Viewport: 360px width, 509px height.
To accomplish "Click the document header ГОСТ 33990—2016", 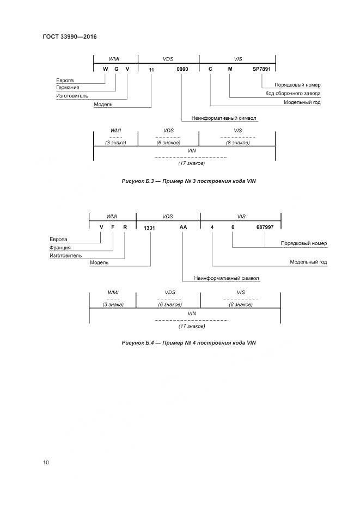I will coord(69,37).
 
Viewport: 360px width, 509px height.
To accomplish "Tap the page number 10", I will coord(46,462).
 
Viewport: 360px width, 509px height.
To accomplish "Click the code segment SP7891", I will coord(261,69).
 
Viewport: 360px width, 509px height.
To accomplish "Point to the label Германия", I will coord(68,88).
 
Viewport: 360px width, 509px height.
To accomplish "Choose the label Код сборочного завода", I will coord(292,94).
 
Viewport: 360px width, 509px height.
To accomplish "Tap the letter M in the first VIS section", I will coord(230,69).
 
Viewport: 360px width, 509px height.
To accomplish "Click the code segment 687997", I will coord(265,227).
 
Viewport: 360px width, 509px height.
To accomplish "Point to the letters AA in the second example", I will coord(183,227).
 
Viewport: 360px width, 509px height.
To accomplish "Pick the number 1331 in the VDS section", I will coord(150,228).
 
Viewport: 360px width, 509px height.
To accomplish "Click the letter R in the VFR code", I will coord(125,227).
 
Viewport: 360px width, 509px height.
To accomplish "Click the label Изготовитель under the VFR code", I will coord(65,255).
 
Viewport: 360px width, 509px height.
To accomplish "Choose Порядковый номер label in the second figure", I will coord(303,243).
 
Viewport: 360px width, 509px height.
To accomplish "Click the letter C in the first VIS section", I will coord(210,69).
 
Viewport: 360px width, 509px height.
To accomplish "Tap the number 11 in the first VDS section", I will coord(151,70).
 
